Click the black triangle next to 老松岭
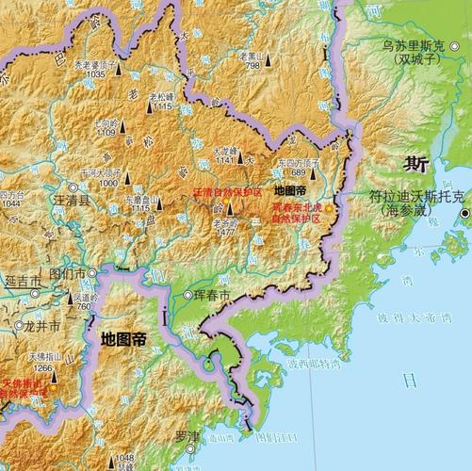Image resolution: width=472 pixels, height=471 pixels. coord(148,107)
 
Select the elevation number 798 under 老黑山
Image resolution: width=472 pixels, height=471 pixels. coord(252,66)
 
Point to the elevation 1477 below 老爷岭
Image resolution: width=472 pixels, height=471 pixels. coord(225,231)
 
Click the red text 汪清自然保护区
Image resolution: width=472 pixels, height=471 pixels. coord(227,192)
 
